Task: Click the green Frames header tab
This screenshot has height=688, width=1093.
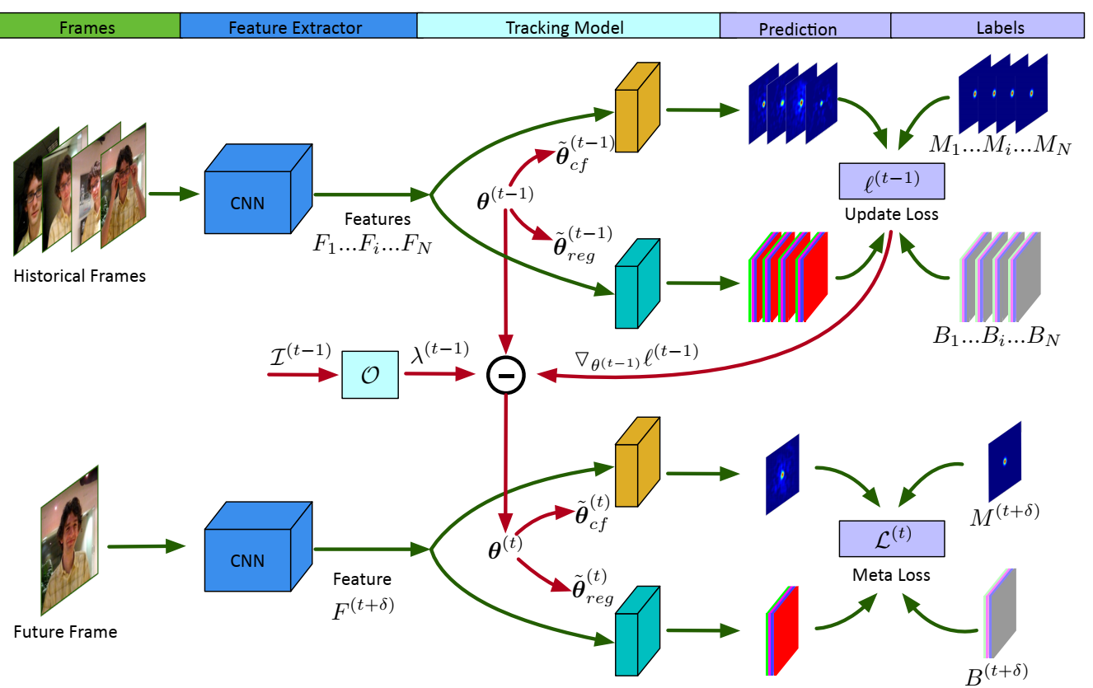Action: (x=90, y=26)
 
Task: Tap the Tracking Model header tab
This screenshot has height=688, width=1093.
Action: (x=568, y=26)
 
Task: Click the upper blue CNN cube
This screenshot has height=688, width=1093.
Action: (x=248, y=194)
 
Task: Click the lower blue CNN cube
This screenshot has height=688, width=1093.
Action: (x=248, y=556)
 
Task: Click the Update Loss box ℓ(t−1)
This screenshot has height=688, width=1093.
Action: (x=891, y=181)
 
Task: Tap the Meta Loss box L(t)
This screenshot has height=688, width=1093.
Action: (x=891, y=538)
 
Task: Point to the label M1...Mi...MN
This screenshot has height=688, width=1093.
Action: (x=999, y=148)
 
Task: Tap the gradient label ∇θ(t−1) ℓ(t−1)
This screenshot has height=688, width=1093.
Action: (x=636, y=354)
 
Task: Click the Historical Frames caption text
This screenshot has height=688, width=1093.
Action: (x=80, y=275)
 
